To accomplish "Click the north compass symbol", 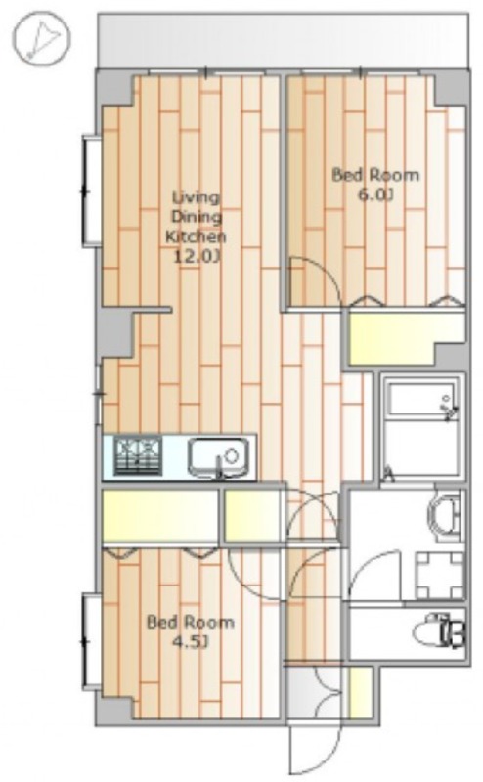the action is pyautogui.click(x=42, y=37).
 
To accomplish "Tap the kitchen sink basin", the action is pyautogui.click(x=218, y=456).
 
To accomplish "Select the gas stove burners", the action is pyautogui.click(x=139, y=456).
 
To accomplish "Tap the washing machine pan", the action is pyautogui.click(x=440, y=576).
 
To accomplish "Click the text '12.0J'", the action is pyautogui.click(x=196, y=257).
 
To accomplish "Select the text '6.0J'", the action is pyautogui.click(x=375, y=195).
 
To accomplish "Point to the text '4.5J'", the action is pyautogui.click(x=190, y=642).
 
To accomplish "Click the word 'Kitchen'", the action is pyautogui.click(x=196, y=237).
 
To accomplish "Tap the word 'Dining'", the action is pyautogui.click(x=197, y=217).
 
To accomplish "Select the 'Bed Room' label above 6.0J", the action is pyautogui.click(x=375, y=175).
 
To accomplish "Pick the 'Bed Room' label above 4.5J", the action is pyautogui.click(x=190, y=623).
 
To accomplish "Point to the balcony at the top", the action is pyautogui.click(x=284, y=40).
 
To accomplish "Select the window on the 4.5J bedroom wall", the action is pyautogui.click(x=90, y=641).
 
